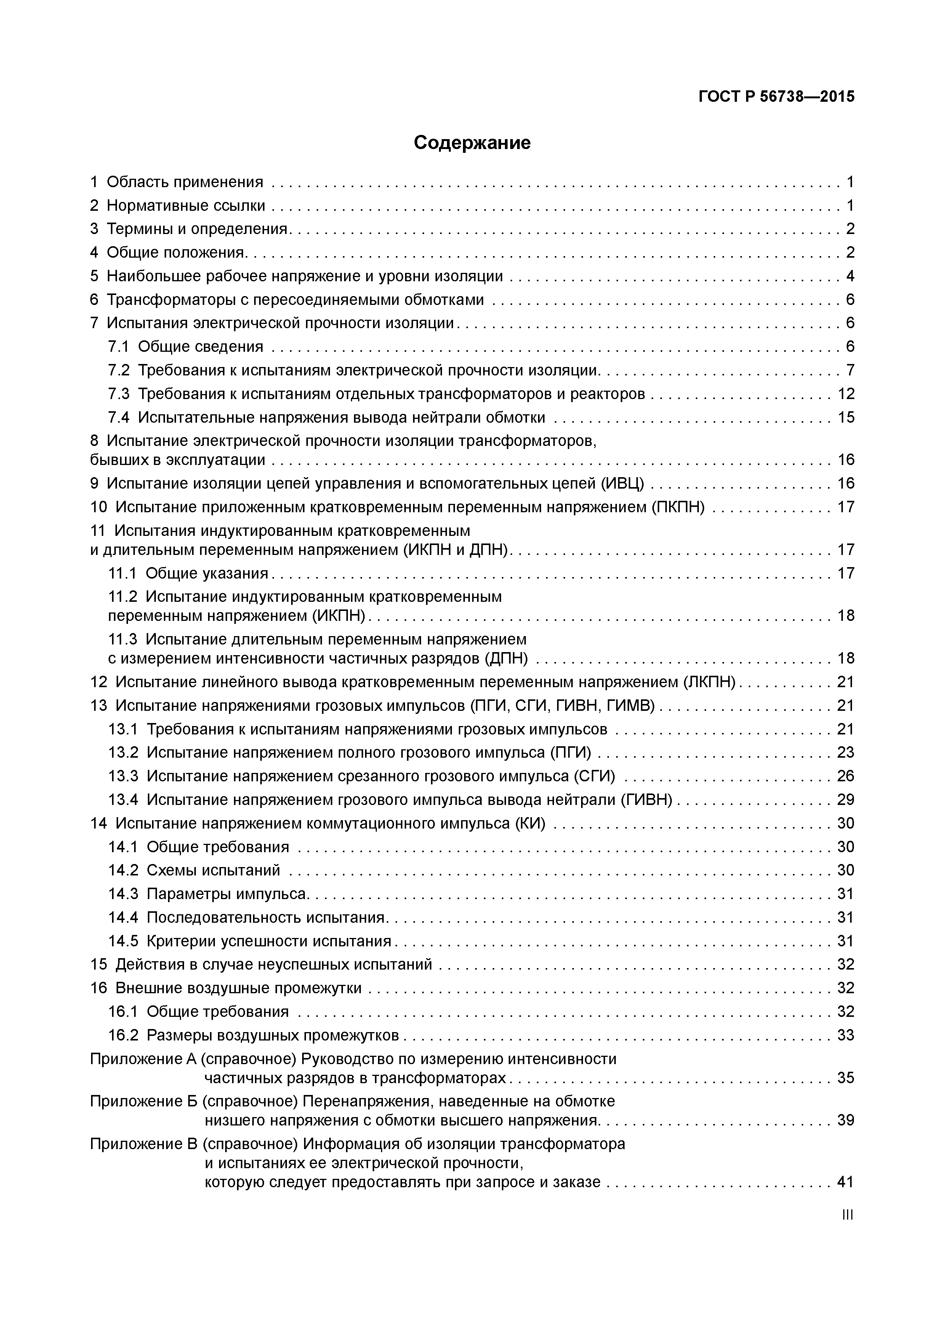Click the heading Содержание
tap(472, 143)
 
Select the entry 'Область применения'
tap(184, 182)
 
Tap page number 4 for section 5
tap(849, 276)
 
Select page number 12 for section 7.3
tap(846, 394)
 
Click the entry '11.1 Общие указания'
tap(188, 574)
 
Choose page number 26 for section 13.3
tap(846, 776)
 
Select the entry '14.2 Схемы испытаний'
tap(194, 870)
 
